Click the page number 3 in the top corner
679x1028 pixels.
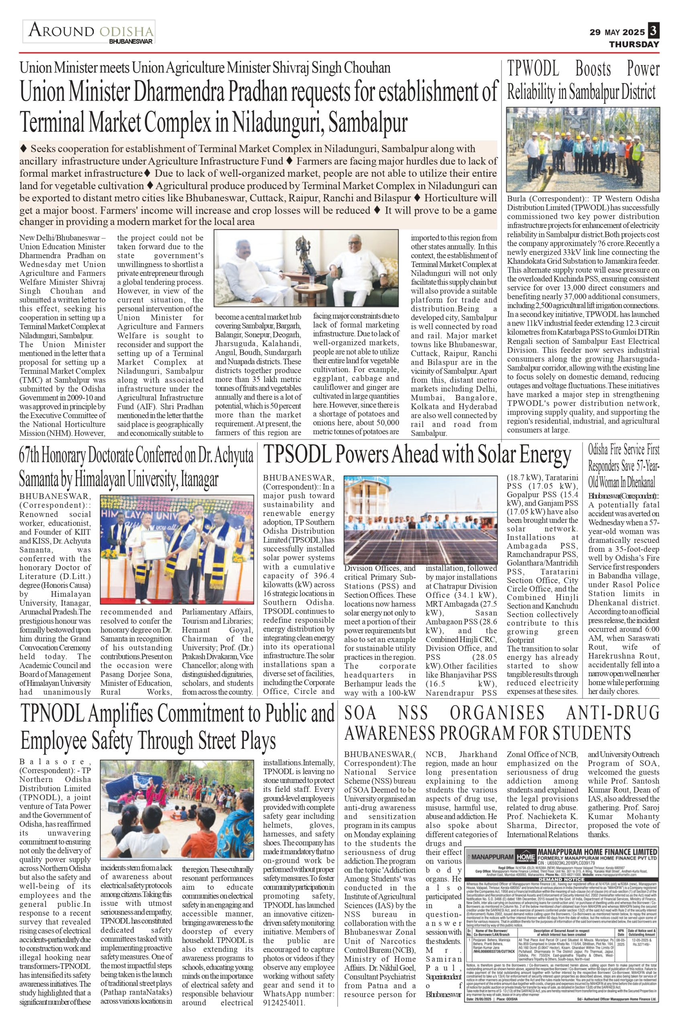coord(653,31)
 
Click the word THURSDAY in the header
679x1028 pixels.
coord(634,44)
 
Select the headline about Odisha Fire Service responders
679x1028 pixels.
coord(624,465)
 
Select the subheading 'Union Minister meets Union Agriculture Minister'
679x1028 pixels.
coord(205,68)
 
